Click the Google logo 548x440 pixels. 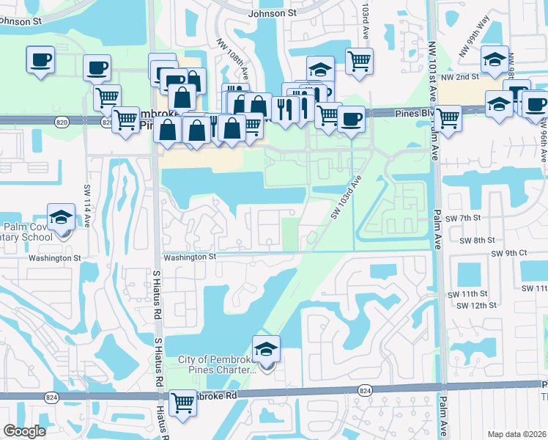click(24, 431)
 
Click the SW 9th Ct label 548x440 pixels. click(509, 253)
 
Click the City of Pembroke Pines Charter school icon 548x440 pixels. click(266, 351)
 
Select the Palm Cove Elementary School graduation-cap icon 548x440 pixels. click(61, 219)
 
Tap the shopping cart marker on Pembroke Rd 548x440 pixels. click(182, 403)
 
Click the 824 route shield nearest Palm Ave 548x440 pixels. click(365, 391)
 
